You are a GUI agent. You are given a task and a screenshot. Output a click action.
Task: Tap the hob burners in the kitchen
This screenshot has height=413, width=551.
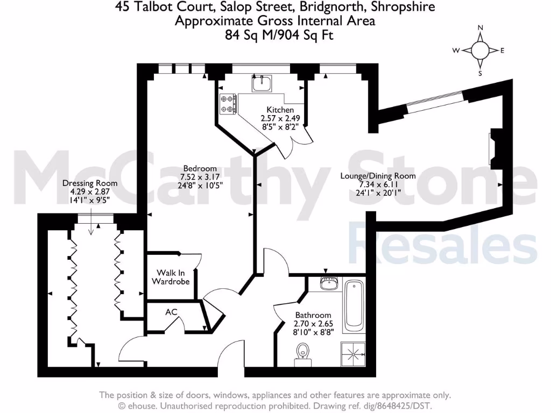[x=228, y=104]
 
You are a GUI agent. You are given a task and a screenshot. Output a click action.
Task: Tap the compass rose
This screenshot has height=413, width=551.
[x=480, y=51]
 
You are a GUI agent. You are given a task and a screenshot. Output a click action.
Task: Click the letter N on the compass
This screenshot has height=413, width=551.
[x=481, y=28]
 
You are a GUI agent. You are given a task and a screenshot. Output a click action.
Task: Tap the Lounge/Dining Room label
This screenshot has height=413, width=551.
[x=378, y=176]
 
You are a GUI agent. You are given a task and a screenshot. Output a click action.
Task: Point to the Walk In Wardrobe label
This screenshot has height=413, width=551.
[x=171, y=277]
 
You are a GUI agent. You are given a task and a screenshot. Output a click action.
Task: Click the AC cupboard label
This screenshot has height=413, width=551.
[x=172, y=312]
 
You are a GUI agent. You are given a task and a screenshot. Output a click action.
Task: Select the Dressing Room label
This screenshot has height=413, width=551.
[x=90, y=183]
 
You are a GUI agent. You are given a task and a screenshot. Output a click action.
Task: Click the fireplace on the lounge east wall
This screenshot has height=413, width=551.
[x=494, y=148]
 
